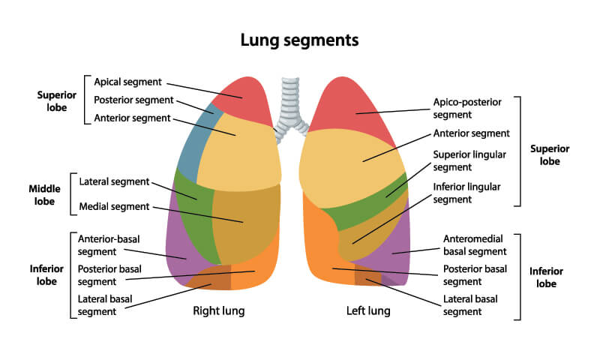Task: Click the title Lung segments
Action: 299,39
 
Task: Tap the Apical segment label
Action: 126,81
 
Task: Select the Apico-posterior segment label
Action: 466,108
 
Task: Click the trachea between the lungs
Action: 288,101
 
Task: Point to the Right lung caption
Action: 218,310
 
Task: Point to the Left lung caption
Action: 367,310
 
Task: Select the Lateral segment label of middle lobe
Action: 114,181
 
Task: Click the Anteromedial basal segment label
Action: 475,245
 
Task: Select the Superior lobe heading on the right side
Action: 550,154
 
